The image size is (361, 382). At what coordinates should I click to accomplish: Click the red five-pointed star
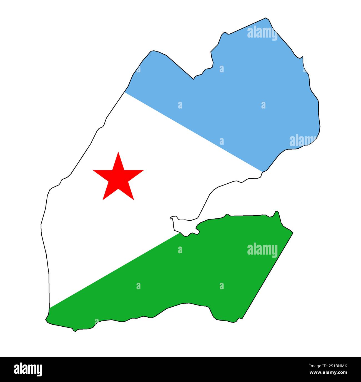point(118,178)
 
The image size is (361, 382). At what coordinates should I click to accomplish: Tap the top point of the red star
point(119,152)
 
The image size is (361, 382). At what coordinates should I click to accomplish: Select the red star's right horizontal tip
point(143,170)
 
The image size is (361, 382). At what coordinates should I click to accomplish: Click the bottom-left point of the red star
point(103,199)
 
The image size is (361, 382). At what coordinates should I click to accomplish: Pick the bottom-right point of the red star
point(134,199)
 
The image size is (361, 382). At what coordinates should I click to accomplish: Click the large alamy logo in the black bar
point(28,369)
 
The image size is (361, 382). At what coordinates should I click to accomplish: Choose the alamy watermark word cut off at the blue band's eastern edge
point(303,141)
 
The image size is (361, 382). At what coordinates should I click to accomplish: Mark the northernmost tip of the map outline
point(266,18)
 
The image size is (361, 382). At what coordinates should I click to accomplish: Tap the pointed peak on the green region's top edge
point(277,211)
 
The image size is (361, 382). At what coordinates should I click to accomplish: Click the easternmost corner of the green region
point(293,233)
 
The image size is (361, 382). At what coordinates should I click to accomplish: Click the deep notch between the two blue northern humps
point(194,79)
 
